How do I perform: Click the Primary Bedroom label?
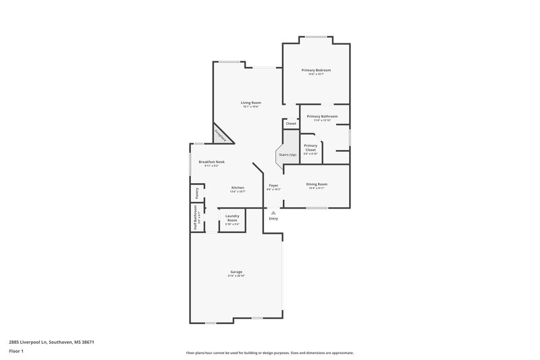(316, 70)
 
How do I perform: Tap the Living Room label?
(250, 102)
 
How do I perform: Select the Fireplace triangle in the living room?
(222, 135)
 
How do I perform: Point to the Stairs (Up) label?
(288, 155)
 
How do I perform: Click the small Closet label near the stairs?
(291, 124)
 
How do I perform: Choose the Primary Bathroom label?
(322, 116)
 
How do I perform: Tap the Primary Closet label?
(310, 147)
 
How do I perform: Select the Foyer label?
(273, 185)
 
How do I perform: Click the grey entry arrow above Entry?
(273, 212)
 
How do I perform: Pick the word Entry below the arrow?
(273, 219)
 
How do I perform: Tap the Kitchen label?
(238, 187)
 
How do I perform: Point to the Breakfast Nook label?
(211, 161)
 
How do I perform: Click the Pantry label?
(197, 193)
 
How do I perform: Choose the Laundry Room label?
(232, 218)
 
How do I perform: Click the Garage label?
(236, 272)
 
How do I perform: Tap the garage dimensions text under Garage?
(236, 276)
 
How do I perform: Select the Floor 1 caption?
(16, 352)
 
